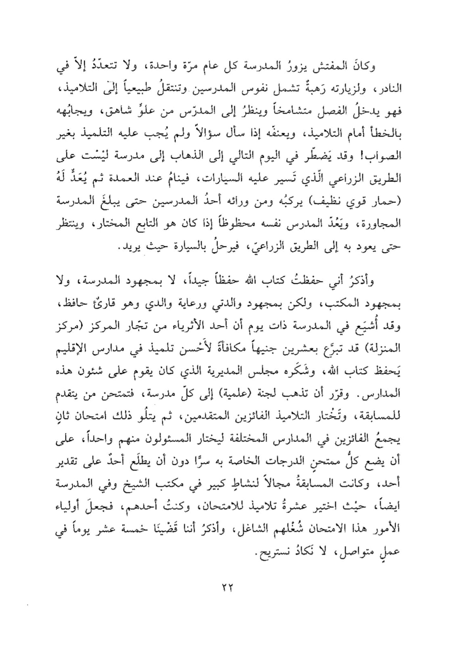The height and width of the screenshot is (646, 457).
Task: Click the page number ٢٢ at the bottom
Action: [228, 587]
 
